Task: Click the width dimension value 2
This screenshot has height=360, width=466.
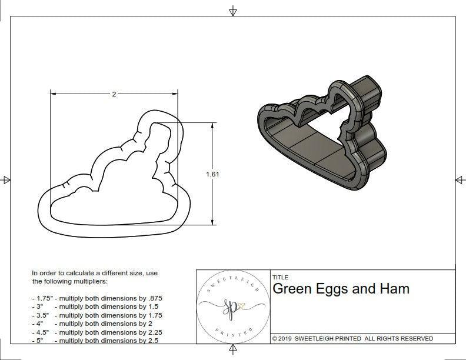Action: [x=114, y=94]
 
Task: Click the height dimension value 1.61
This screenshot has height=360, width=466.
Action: [x=213, y=174]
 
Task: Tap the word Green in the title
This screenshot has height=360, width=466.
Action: [x=292, y=289]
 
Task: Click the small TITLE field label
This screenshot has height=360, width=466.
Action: [x=280, y=277]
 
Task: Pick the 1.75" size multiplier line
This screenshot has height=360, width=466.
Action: [x=97, y=298]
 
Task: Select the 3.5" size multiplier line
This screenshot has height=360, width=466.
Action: [x=97, y=315]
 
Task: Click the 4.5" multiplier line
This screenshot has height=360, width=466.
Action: [x=97, y=332]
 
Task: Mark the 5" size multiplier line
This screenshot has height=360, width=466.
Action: [x=95, y=340]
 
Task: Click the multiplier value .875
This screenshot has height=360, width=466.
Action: [x=155, y=298]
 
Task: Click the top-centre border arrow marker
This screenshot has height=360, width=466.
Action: [x=233, y=11]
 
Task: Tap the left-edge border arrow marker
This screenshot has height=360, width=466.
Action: [x=6, y=179]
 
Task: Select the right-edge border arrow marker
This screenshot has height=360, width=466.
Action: [x=460, y=179]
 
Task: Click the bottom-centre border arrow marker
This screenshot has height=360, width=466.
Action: [x=233, y=351]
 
